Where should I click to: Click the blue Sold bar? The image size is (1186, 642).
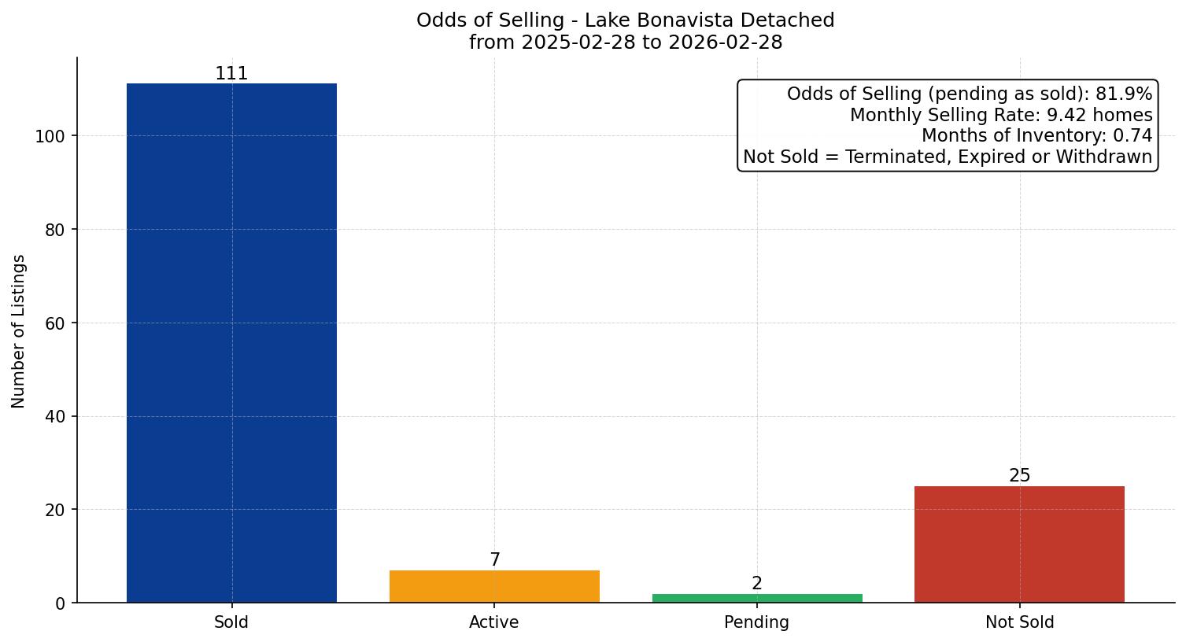coord(231,343)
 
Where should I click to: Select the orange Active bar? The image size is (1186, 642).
coord(494,586)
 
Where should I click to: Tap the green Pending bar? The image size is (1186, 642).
coord(757,598)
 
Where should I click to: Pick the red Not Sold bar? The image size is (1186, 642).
coord(1019,544)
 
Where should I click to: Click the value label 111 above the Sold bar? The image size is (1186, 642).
coord(231,74)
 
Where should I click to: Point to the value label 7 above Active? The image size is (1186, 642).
coord(494,560)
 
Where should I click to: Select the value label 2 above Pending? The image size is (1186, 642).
coord(757,584)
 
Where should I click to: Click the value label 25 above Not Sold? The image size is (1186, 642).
coord(1019,476)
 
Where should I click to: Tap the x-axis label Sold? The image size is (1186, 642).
coord(231,622)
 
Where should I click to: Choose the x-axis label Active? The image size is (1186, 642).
coord(494,622)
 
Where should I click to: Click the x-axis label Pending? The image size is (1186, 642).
coord(756,622)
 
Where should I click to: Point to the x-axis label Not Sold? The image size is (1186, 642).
coord(1019,622)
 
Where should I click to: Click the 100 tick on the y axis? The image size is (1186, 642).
coord(50,136)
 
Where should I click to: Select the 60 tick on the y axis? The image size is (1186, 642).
coord(54,323)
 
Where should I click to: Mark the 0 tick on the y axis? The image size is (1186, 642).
coord(61,603)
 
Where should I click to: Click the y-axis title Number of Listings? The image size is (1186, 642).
coord(19,331)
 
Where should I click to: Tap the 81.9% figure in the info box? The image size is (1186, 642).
coord(1123,94)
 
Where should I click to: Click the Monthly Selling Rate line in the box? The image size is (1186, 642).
coord(1000,116)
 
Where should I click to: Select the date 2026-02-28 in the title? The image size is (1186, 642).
coord(725,42)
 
